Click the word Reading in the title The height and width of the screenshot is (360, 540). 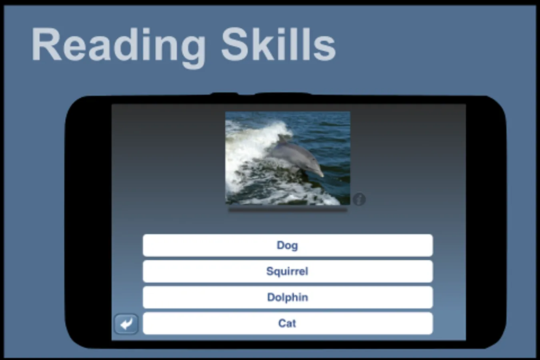click(x=118, y=47)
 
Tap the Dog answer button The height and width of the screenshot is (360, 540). click(x=288, y=245)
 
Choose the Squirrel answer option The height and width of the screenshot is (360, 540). click(x=288, y=271)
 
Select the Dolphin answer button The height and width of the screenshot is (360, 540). click(x=288, y=297)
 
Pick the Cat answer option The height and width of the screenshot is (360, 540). click(x=288, y=323)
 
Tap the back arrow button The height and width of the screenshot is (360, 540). click(x=126, y=324)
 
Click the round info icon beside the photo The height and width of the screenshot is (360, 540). click(x=359, y=199)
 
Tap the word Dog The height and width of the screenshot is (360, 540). click(x=287, y=246)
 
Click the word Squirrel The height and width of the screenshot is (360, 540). click(x=287, y=272)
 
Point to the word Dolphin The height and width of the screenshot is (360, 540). click(x=288, y=297)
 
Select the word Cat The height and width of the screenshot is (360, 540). click(x=287, y=323)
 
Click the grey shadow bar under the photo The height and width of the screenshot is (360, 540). click(x=288, y=210)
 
